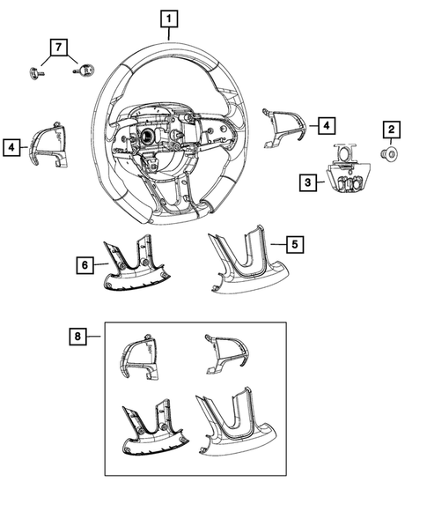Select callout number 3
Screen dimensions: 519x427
(307, 182)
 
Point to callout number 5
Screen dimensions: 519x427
(298, 241)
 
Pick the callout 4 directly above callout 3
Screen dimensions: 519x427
(325, 126)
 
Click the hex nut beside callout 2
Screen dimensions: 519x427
(387, 155)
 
